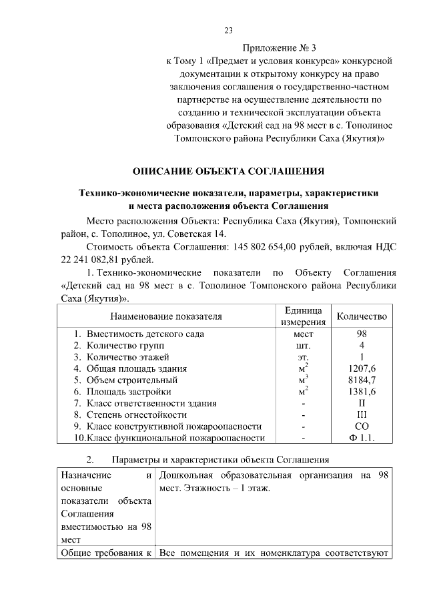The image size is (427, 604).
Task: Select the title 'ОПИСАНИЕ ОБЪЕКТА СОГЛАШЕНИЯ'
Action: pos(228,171)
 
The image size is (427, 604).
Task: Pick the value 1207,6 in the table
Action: pos(362,368)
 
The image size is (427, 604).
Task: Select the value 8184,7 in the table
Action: pos(362,380)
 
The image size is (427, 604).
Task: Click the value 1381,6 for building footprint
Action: pos(362,391)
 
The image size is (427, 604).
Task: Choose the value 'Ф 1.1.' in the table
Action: pos(362,438)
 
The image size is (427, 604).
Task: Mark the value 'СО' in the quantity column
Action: pos(362,426)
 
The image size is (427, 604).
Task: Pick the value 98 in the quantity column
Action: pos(362,333)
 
